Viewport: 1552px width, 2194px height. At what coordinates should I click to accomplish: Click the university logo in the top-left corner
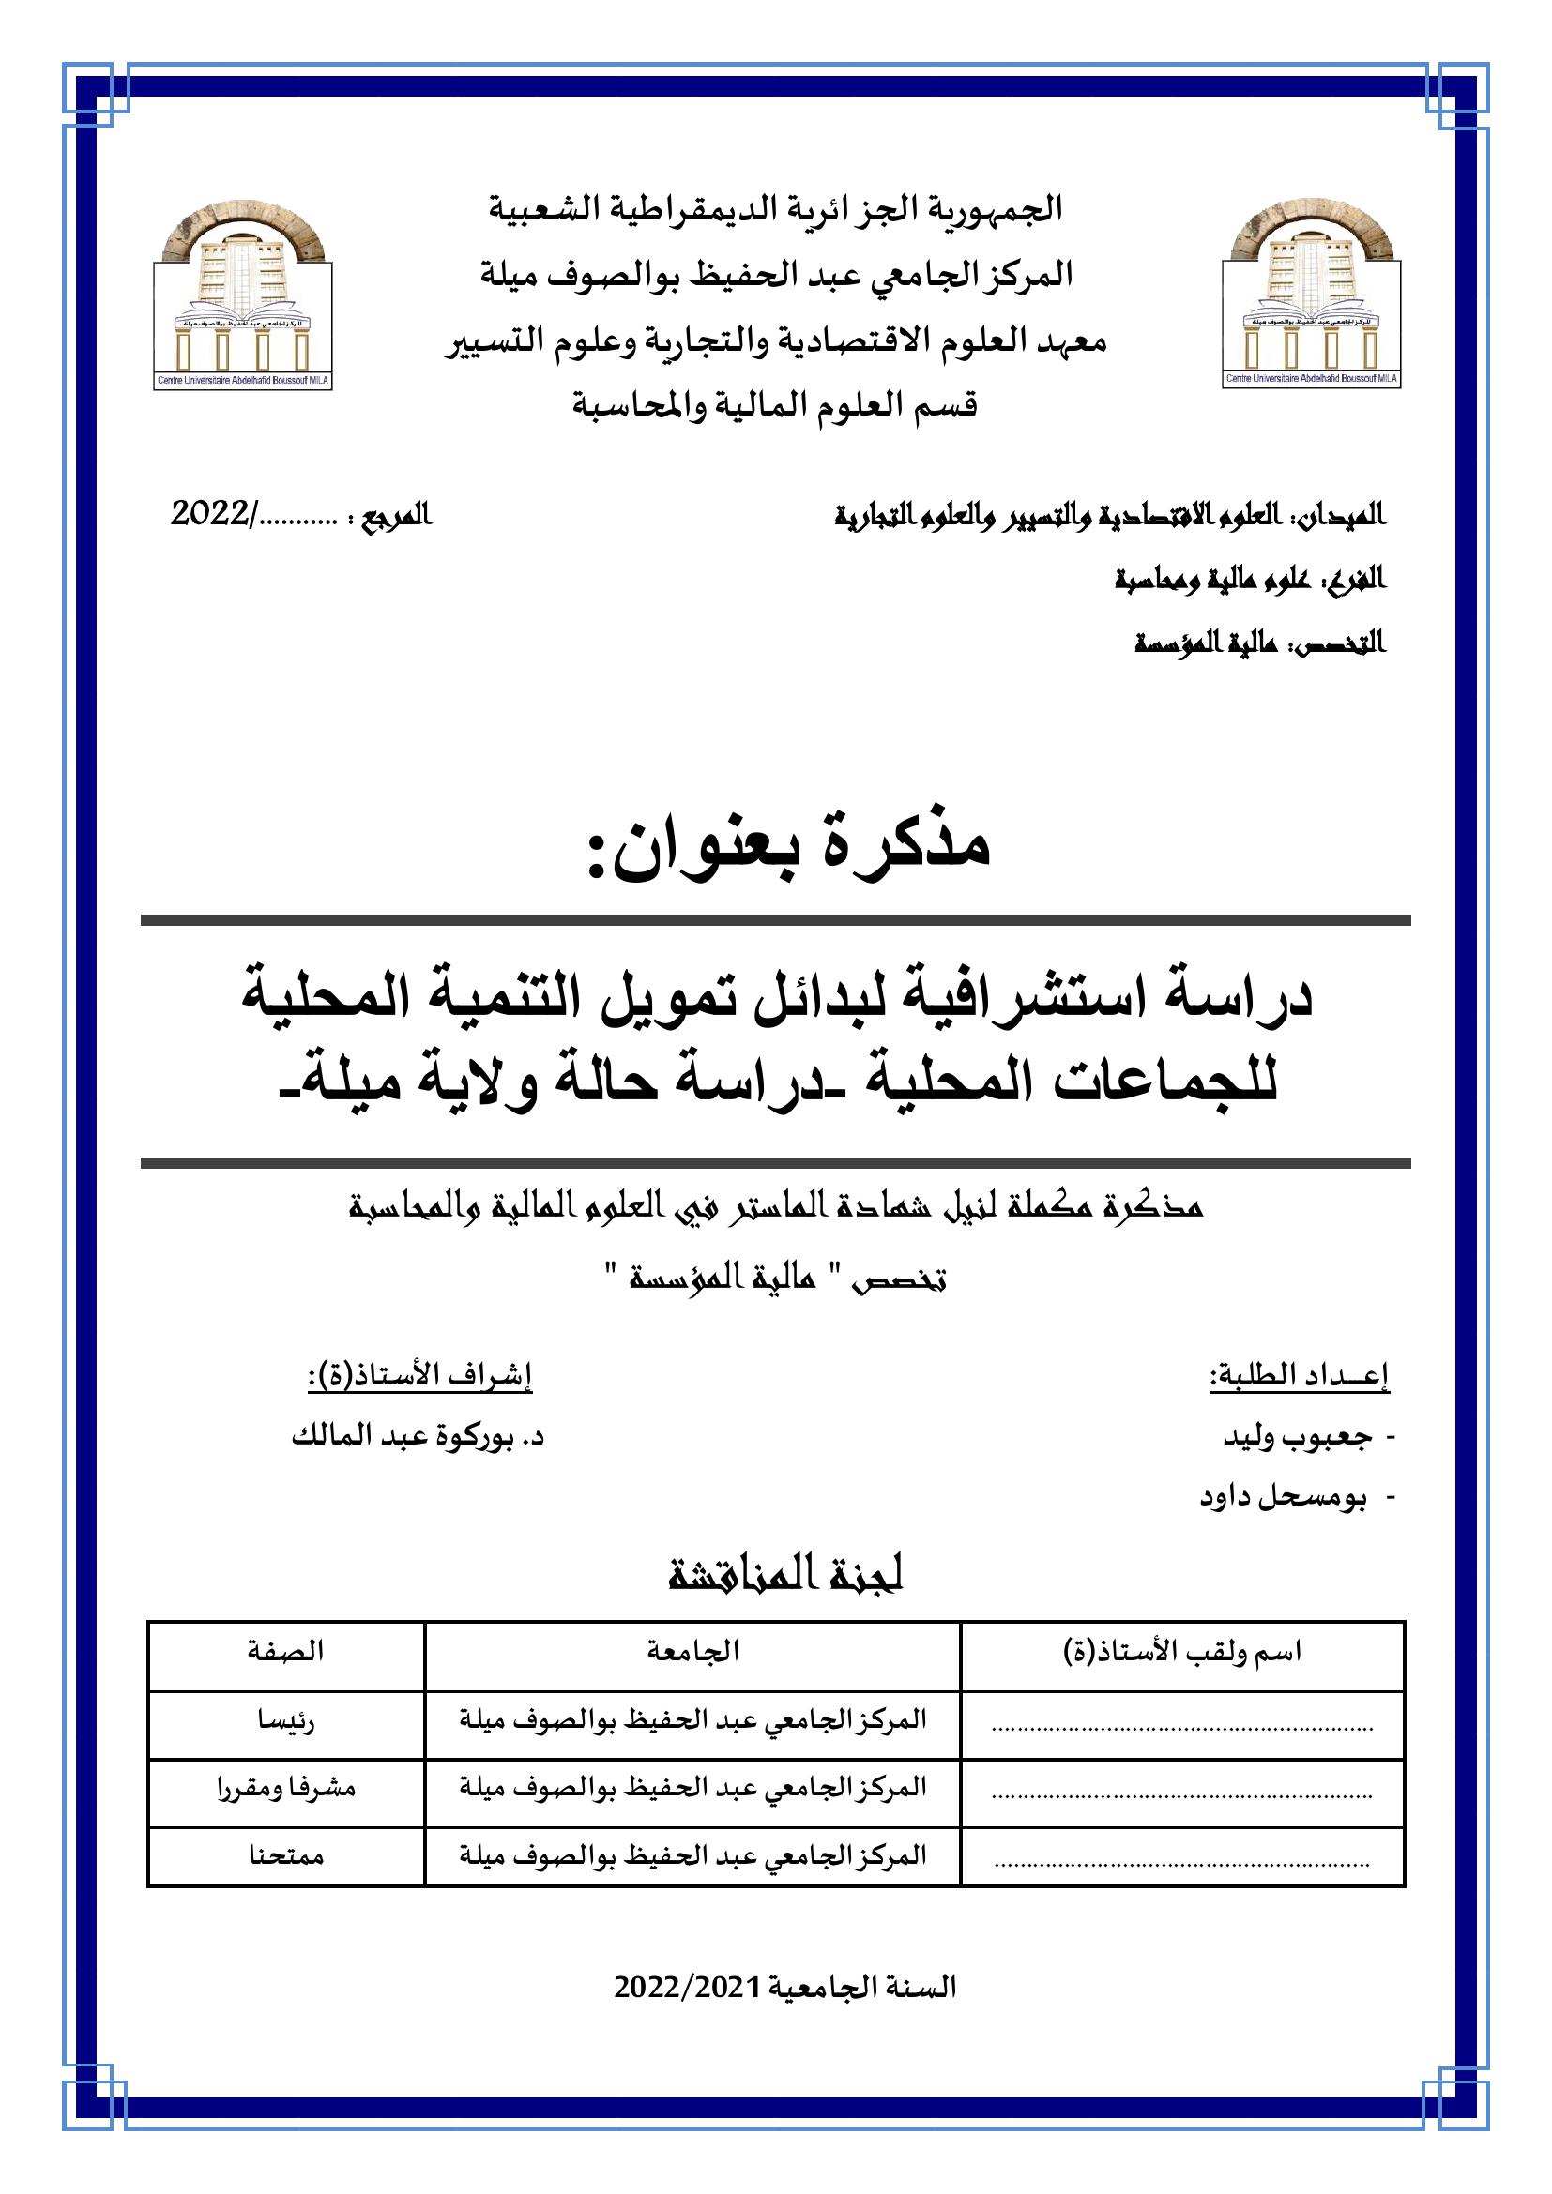243,296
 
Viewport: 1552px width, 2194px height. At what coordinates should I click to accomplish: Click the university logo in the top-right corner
1311,296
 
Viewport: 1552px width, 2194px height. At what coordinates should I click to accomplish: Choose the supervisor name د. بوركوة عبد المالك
418,1436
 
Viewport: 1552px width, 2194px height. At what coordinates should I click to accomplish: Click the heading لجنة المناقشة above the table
785,1575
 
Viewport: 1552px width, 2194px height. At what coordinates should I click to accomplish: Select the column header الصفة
285,1650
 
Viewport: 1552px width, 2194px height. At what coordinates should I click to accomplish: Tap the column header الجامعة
692,1650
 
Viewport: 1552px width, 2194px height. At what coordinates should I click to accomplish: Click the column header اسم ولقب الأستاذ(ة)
1182,1651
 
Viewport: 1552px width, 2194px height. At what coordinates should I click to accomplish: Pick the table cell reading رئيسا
286,1721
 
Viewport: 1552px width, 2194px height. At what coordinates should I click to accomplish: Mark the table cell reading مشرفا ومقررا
286,1788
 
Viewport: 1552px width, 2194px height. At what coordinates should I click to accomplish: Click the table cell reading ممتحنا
286,1855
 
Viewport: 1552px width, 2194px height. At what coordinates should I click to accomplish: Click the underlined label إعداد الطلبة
1300,1376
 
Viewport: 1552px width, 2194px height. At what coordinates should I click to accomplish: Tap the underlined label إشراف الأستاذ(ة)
419,1376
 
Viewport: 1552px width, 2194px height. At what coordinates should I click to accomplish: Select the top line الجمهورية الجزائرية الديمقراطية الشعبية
776,209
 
